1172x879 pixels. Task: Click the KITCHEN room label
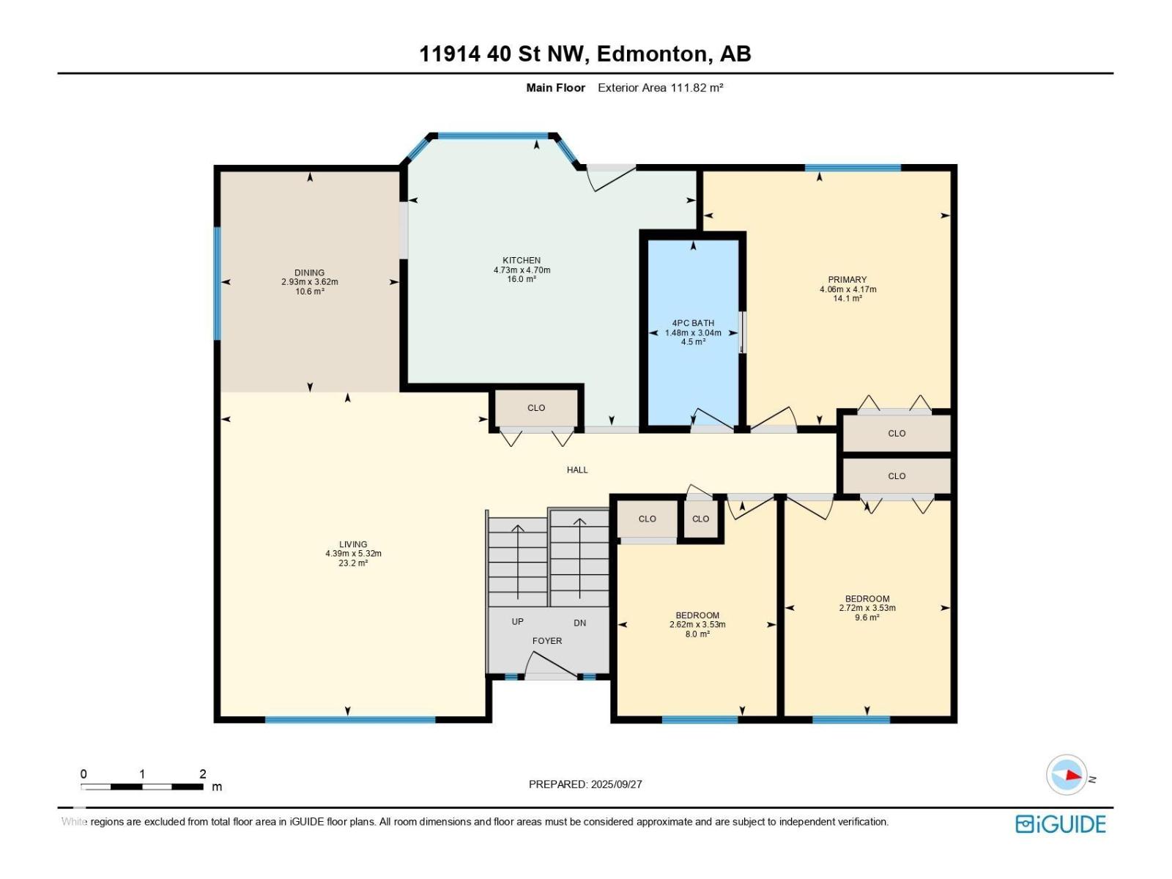(522, 261)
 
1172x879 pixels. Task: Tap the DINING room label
(310, 272)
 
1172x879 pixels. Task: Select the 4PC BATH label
(693, 323)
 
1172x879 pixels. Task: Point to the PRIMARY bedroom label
(848, 280)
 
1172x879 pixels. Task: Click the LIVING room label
(353, 544)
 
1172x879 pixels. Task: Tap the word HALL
(577, 470)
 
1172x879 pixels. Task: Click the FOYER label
(547, 640)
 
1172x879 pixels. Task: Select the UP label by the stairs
(517, 621)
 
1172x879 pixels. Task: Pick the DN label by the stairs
(580, 623)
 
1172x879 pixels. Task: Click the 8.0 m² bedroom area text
(697, 634)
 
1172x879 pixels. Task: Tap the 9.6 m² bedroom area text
(867, 617)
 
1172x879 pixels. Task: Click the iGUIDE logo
(1061, 824)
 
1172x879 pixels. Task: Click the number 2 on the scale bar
(203, 774)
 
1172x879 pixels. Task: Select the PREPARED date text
(585, 784)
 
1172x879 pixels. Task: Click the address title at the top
(585, 54)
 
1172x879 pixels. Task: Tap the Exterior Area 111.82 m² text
(661, 87)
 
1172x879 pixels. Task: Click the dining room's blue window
(218, 283)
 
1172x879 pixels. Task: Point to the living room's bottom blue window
(350, 719)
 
